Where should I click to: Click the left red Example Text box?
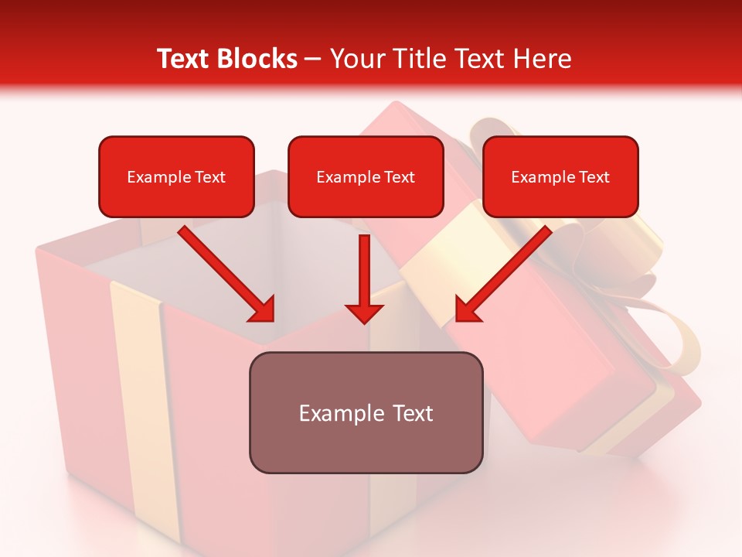point(176,177)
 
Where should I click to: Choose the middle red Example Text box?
point(366,177)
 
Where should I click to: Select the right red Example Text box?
point(560,177)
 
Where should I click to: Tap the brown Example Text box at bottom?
point(366,413)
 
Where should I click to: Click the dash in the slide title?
point(313,60)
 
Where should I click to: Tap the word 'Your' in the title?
point(357,59)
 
